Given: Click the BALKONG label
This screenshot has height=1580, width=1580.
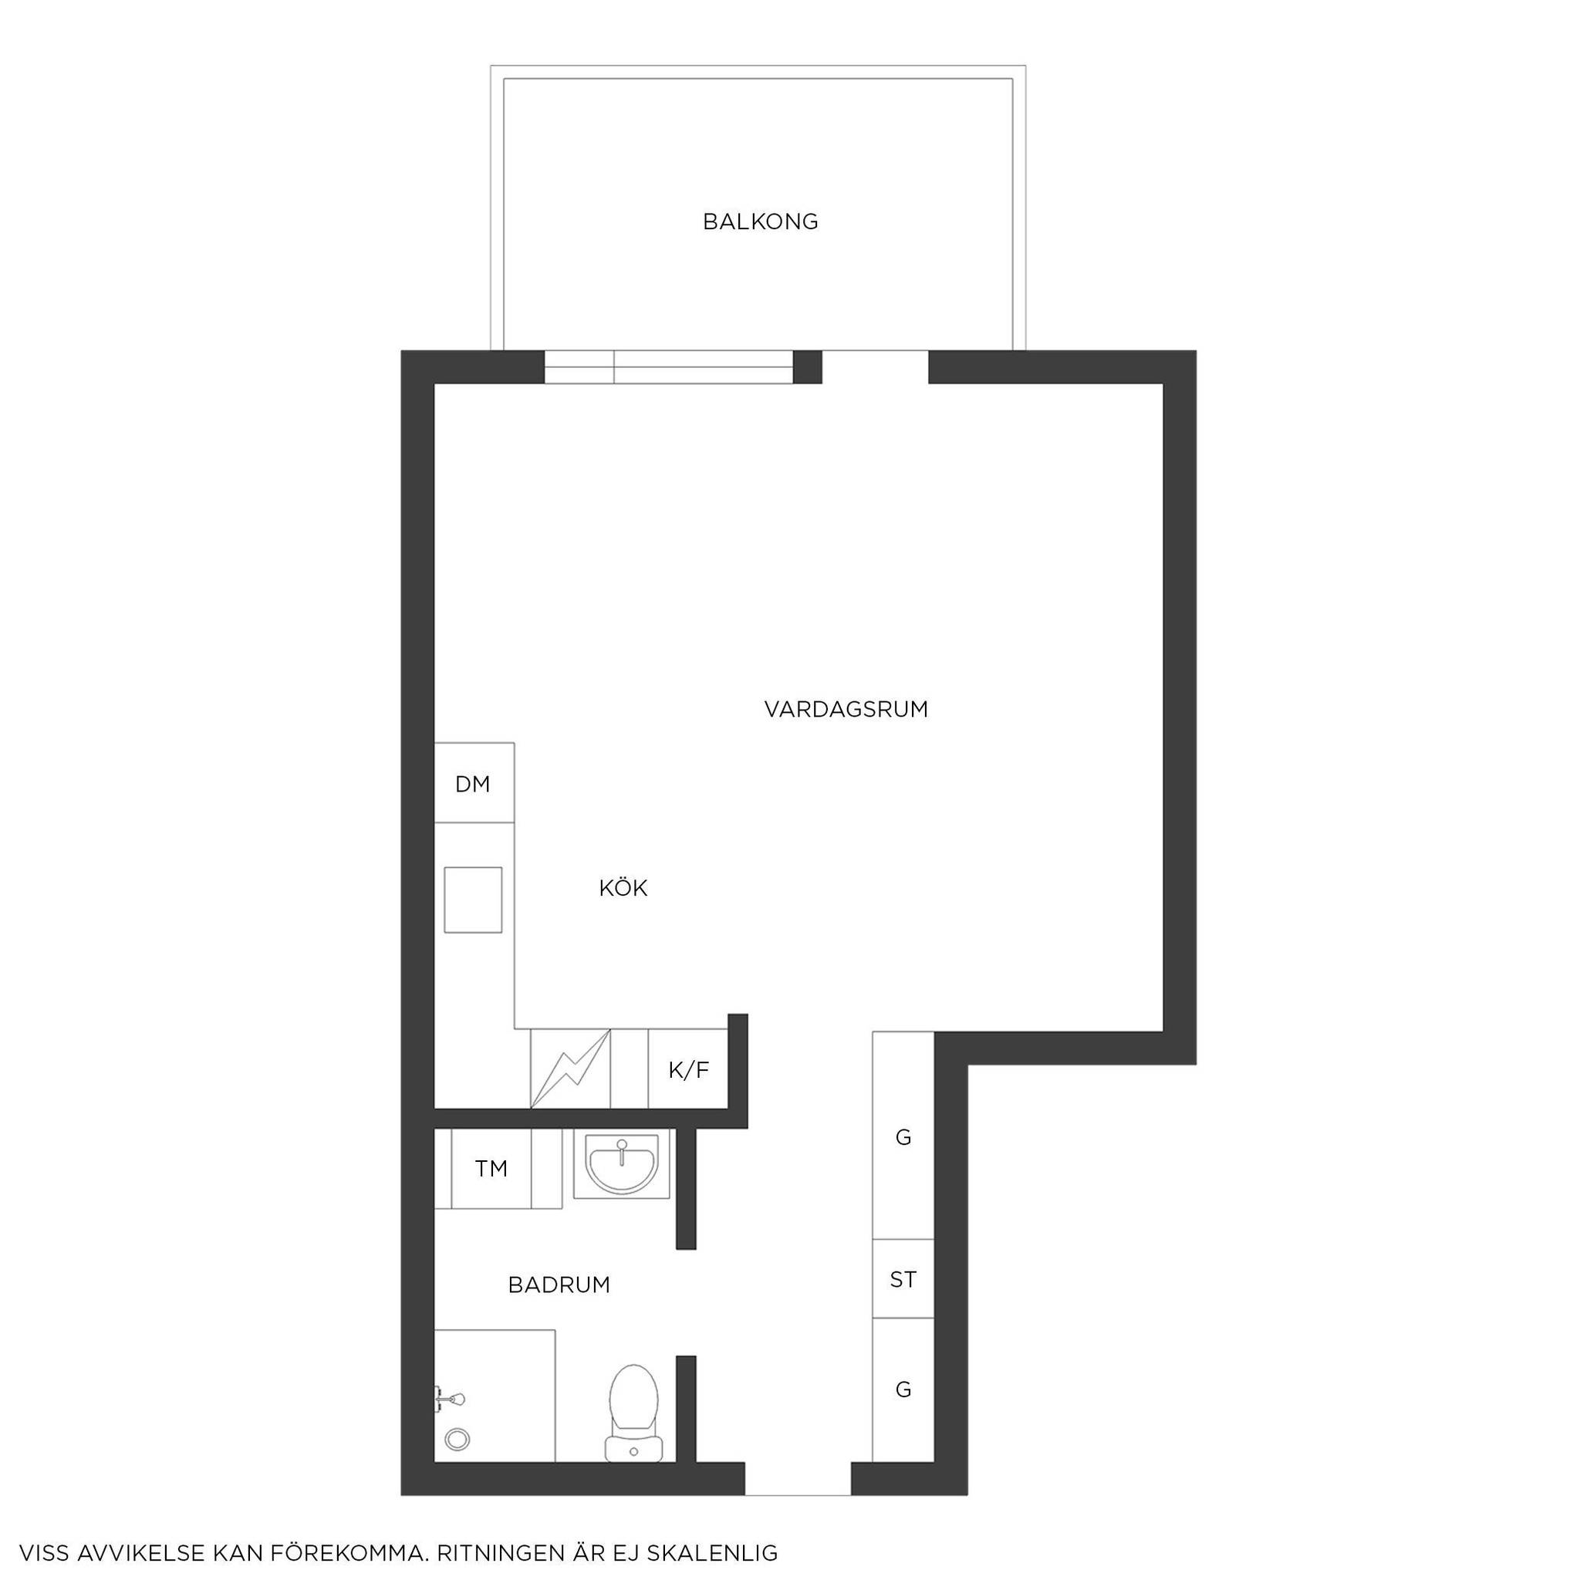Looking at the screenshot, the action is [761, 221].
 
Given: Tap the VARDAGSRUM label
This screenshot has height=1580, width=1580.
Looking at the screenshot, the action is [846, 709].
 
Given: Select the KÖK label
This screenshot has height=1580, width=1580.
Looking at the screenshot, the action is [623, 887].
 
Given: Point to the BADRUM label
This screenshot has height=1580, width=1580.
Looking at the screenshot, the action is [559, 1285].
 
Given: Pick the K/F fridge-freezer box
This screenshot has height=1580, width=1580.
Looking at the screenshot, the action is [689, 1069].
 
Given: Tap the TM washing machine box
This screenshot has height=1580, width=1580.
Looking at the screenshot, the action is [491, 1169].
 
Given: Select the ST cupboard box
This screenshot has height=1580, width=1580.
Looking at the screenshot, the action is [903, 1278].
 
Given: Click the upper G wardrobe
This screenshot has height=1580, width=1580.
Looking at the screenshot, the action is [903, 1135].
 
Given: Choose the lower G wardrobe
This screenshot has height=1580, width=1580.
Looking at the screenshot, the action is [903, 1389].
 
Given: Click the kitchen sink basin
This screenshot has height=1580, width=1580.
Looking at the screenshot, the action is [473, 900].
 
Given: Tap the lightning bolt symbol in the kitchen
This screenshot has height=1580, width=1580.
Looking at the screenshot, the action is [571, 1069].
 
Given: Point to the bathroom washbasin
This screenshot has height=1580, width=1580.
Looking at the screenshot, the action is [622, 1164].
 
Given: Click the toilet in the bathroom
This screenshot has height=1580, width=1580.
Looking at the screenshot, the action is [634, 1413].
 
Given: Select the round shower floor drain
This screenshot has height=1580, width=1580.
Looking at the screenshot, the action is [457, 1440].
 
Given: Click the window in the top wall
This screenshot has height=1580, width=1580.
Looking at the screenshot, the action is [669, 367].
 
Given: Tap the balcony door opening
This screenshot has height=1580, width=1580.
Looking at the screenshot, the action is [875, 367].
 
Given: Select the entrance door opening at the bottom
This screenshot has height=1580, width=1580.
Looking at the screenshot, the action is [798, 1479].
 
